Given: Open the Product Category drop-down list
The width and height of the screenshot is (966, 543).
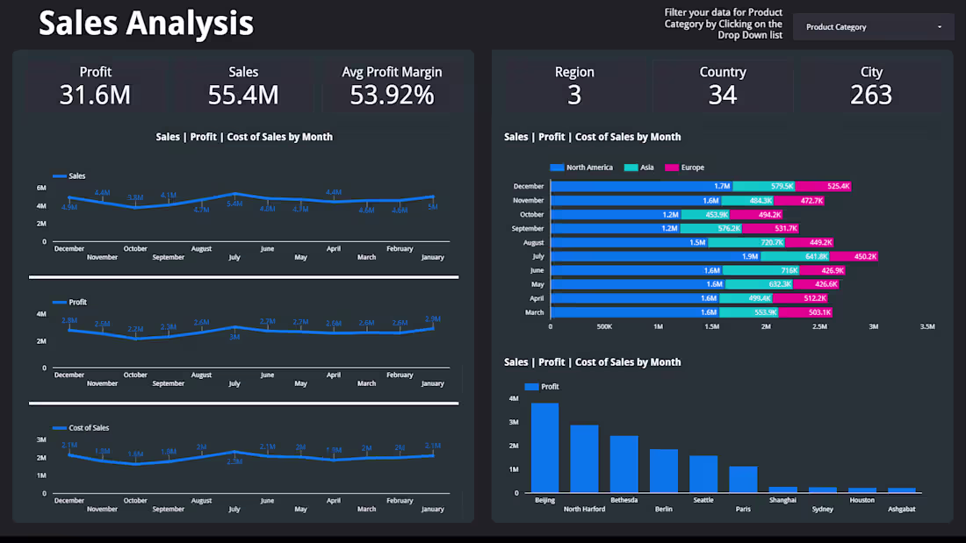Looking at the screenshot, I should [873, 27].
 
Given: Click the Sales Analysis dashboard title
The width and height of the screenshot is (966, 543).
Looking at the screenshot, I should [146, 24].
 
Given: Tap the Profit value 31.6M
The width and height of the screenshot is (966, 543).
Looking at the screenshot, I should [95, 95].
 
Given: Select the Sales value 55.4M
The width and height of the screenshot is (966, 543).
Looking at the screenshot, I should [243, 95].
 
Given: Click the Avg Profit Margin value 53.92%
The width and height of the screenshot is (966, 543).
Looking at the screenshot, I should [392, 95].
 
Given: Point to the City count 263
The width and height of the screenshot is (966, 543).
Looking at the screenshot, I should [871, 95].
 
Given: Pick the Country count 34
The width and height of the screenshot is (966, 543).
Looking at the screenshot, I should [723, 95].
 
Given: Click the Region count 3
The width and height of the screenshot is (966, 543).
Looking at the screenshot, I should [574, 95].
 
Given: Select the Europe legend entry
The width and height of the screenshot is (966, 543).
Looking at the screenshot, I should [685, 168].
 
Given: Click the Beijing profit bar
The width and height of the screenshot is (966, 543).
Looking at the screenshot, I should [544, 447].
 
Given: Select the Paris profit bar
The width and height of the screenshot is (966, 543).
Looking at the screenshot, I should [743, 479].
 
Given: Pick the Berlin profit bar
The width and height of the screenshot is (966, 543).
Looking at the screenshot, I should [664, 471].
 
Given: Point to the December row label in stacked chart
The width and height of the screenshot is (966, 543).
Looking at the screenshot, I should [528, 186].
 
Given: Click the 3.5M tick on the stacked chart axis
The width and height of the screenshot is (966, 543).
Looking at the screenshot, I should [926, 326].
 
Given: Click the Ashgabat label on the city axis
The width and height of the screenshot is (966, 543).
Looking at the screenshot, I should [901, 509].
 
